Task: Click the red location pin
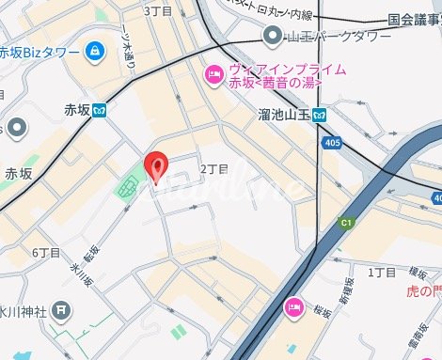point(157,166)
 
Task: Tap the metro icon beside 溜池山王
point(321,115)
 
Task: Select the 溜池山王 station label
point(283,115)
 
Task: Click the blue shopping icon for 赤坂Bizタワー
point(94,51)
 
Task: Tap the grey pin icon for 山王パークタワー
point(273,37)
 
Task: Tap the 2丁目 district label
point(214,168)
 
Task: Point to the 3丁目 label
point(157,9)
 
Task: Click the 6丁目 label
point(46,253)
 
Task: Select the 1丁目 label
point(383,272)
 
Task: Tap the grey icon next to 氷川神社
point(61,308)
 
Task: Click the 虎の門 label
point(422,291)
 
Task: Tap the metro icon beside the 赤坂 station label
point(98,109)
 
